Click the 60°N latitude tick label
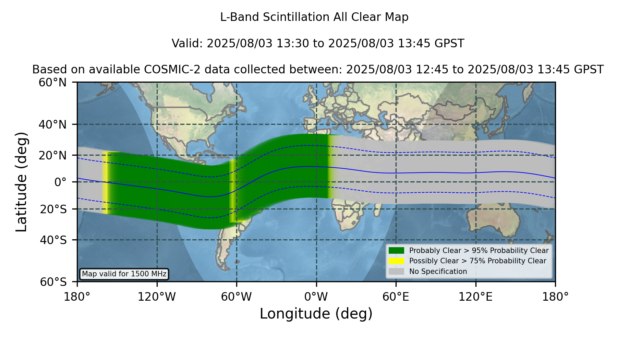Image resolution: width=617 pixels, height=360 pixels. pyautogui.click(x=52, y=83)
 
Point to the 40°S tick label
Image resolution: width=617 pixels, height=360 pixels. pyautogui.click(x=53, y=240)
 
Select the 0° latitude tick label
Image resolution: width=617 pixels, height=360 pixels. pyautogui.click(x=60, y=182)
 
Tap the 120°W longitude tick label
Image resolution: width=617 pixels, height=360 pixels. pyautogui.click(x=157, y=297)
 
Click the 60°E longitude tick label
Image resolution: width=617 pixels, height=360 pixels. pyautogui.click(x=396, y=297)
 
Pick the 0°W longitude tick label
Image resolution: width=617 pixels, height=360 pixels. pyautogui.click(x=316, y=297)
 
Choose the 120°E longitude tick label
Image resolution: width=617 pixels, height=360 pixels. pyautogui.click(x=475, y=297)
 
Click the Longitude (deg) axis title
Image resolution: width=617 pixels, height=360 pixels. pyautogui.click(x=316, y=314)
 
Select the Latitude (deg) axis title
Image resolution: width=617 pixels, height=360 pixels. pyautogui.click(x=22, y=182)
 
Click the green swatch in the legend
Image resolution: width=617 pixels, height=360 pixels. pyautogui.click(x=396, y=250)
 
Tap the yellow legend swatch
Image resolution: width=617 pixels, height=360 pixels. pyautogui.click(x=396, y=261)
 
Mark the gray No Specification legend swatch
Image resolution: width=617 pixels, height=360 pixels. pyautogui.click(x=396, y=271)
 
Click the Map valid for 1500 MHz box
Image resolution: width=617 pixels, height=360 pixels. pyautogui.click(x=124, y=274)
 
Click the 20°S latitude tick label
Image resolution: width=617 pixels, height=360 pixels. pyautogui.click(x=53, y=209)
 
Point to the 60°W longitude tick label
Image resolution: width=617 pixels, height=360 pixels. pyautogui.click(x=237, y=297)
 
